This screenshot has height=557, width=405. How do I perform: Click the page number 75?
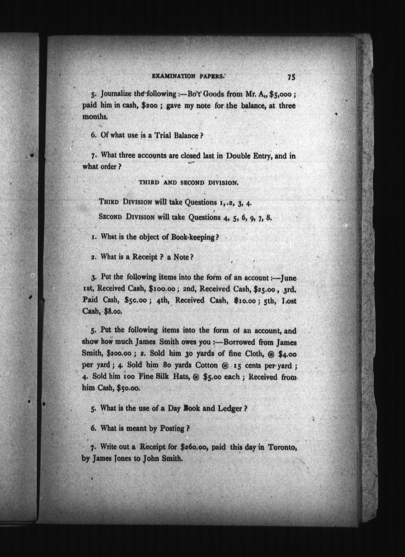click(291, 77)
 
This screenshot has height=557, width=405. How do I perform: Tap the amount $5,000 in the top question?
click(281, 94)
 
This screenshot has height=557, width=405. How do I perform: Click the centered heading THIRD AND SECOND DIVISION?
click(188, 183)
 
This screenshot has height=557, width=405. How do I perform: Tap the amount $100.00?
click(162, 289)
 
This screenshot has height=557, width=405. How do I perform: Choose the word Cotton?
click(207, 365)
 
